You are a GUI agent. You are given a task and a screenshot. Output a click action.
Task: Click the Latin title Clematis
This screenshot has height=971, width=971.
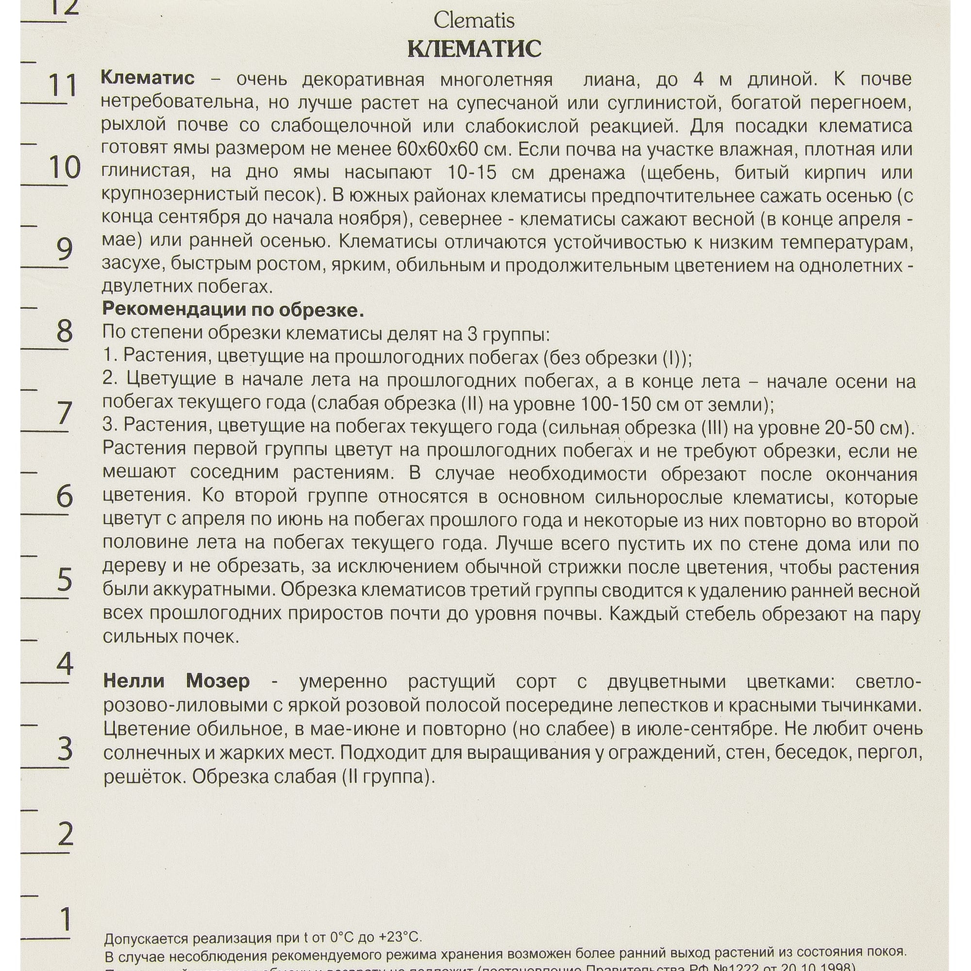(473, 20)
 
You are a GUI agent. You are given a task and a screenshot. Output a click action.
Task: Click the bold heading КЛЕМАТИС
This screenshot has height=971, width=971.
(473, 49)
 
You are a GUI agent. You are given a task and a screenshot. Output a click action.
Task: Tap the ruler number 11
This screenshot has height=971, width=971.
(62, 85)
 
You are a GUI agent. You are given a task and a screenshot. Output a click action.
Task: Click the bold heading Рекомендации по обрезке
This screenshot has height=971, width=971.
(233, 310)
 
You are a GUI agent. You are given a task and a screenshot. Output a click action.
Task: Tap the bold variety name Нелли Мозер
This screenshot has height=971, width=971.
(176, 681)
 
